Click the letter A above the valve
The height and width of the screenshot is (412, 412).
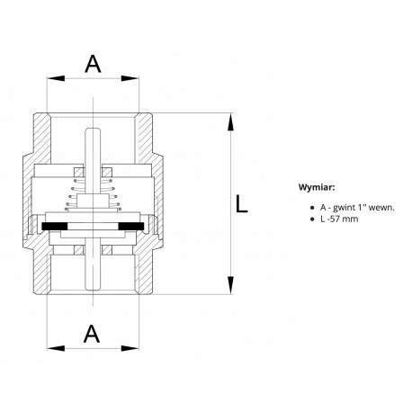click(93, 64)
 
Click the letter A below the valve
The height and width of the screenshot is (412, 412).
click(92, 334)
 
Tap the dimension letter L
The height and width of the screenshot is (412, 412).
click(241, 204)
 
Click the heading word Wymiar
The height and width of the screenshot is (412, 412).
click(317, 188)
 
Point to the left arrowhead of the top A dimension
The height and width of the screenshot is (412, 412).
click(56, 78)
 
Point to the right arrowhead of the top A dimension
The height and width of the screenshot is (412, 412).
click(130, 78)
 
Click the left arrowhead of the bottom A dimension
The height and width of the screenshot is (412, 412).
click(56, 348)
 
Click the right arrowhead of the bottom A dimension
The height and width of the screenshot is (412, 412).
click(130, 348)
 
